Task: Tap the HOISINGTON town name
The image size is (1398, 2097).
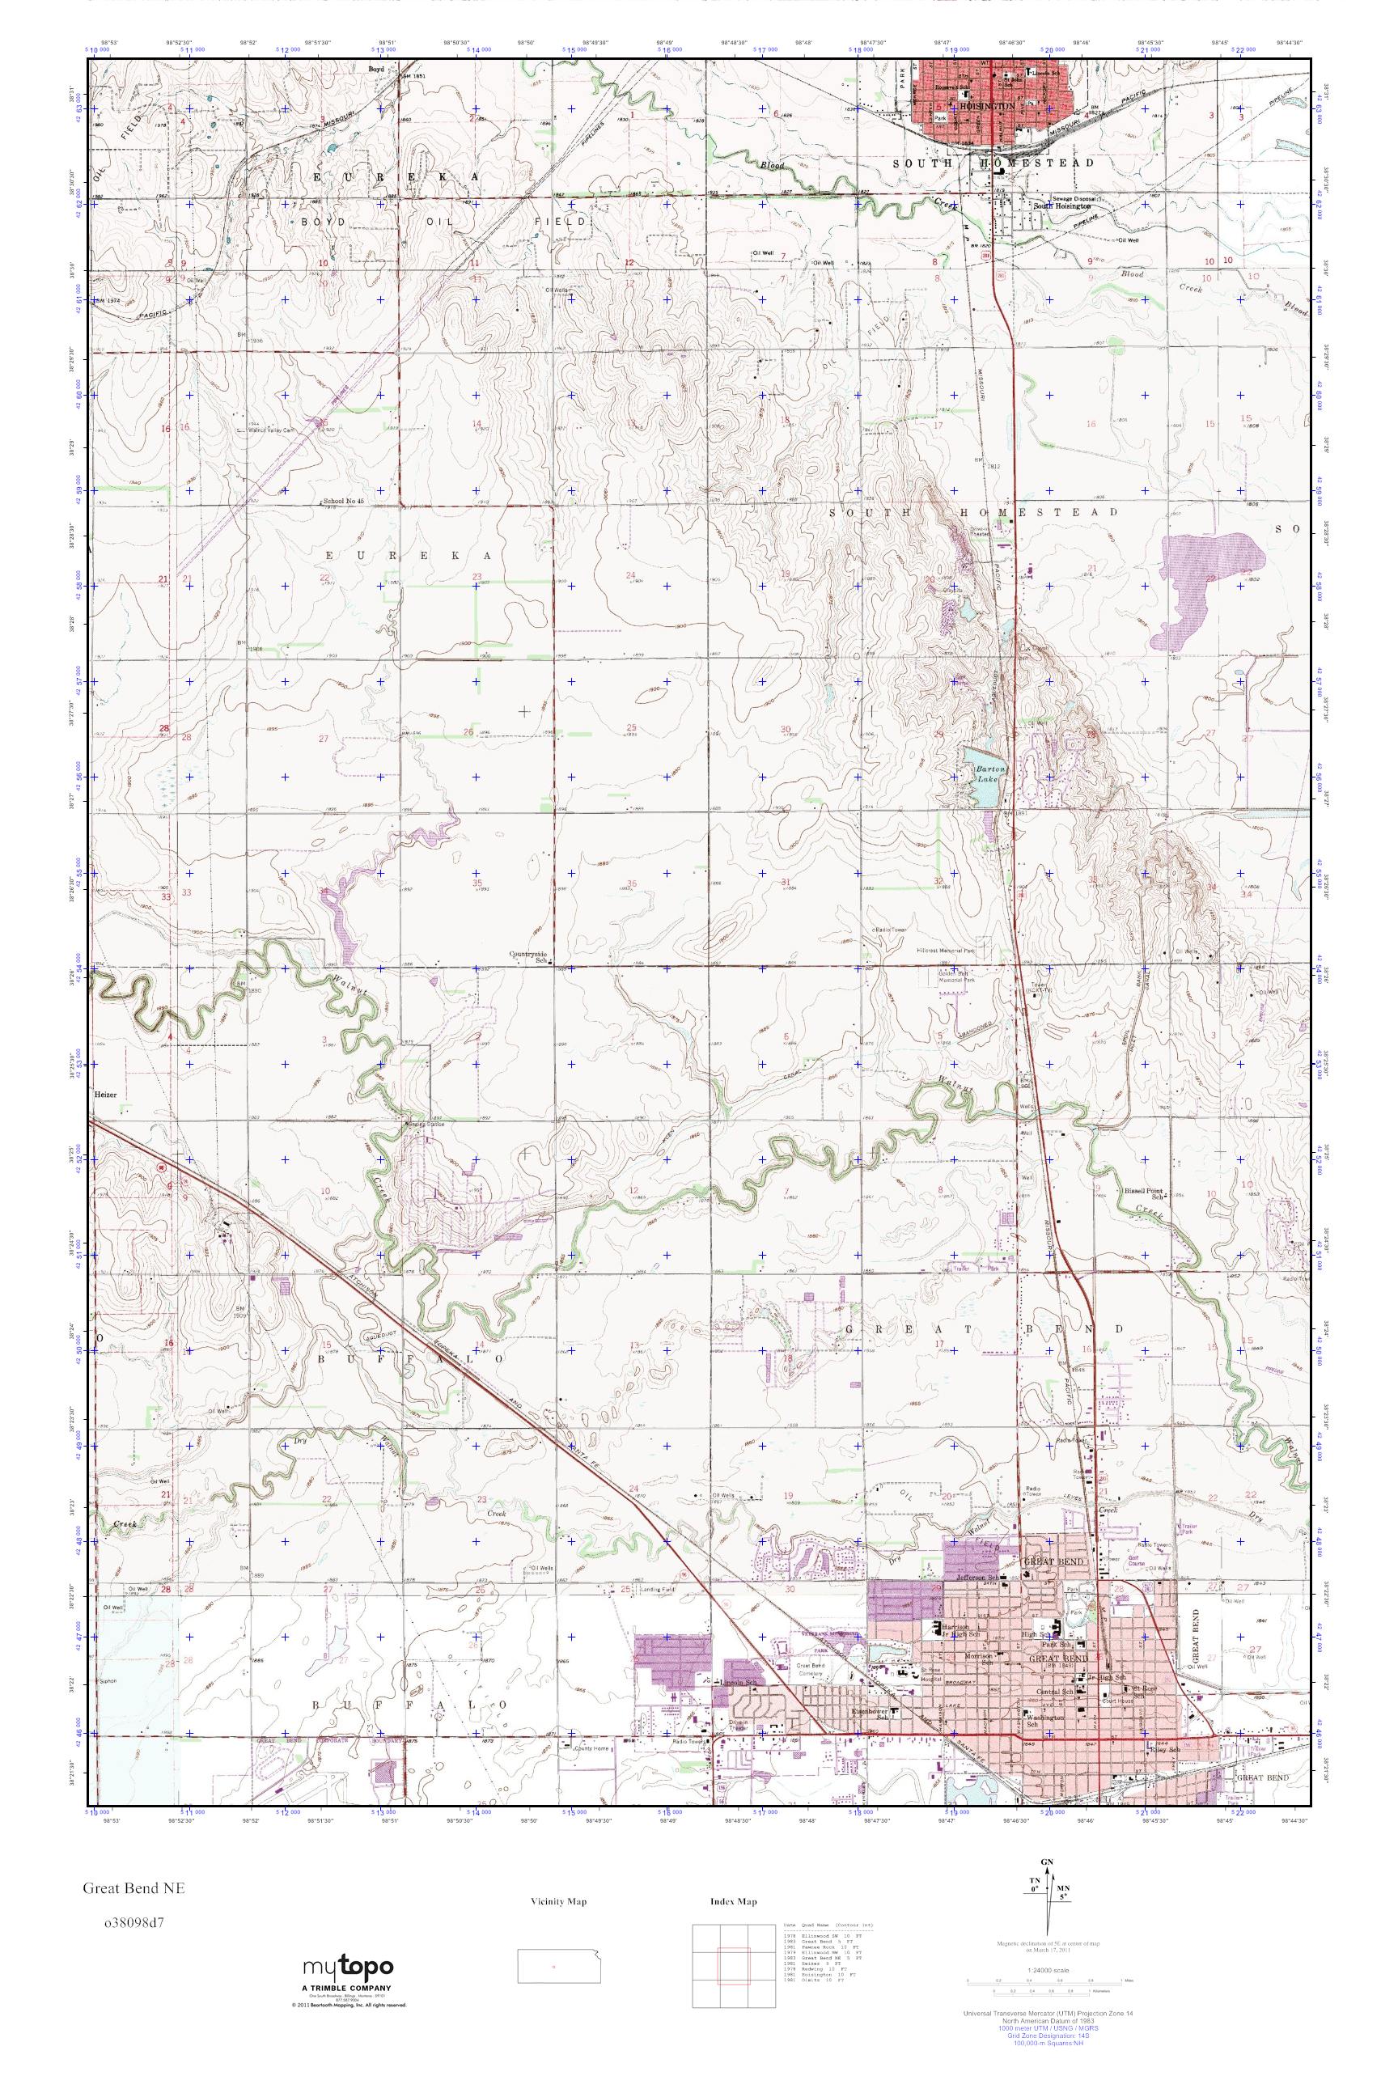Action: (x=986, y=105)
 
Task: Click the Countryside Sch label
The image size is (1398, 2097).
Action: (x=527, y=955)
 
